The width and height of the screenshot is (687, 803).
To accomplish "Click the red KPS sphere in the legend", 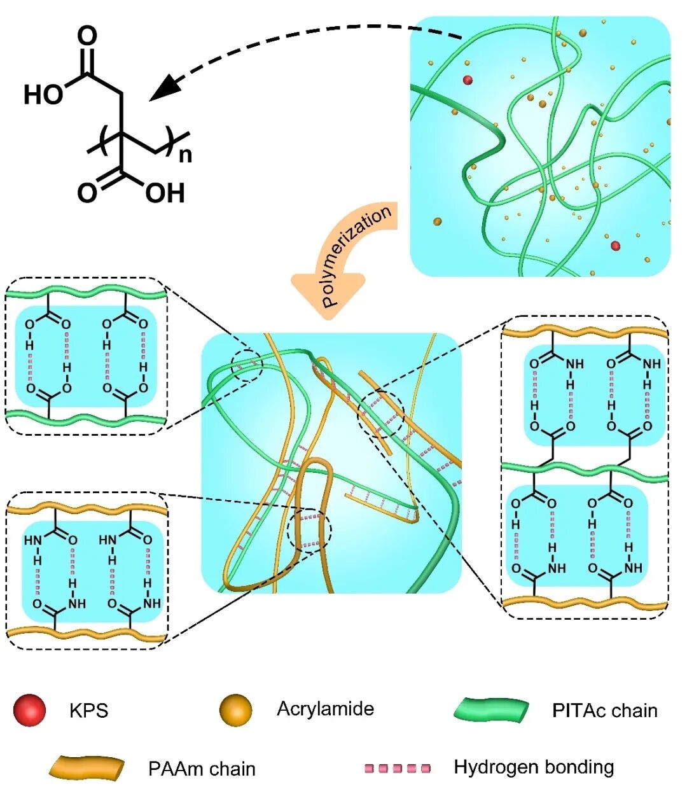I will click(29, 710).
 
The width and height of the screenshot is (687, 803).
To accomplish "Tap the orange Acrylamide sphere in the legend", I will click(235, 709).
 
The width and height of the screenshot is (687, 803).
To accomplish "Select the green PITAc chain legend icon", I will click(492, 710).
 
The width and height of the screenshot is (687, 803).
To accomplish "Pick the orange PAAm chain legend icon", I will click(87, 768).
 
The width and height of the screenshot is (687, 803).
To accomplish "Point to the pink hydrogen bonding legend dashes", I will click(398, 768).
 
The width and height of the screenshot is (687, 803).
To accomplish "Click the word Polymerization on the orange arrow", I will click(356, 256).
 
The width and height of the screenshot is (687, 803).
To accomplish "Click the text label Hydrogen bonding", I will click(534, 767).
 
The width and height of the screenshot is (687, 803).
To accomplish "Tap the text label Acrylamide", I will click(325, 709).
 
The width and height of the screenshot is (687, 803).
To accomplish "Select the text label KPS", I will click(88, 711).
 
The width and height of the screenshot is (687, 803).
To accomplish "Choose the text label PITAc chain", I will click(604, 710).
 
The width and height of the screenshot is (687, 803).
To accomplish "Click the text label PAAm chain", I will click(202, 769).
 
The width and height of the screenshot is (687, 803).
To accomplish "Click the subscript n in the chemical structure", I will click(185, 155).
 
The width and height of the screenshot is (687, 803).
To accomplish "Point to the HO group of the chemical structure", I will click(43, 95).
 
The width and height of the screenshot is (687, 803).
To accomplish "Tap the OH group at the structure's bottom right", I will click(165, 192).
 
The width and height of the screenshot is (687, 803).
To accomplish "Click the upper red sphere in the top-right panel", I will click(468, 80).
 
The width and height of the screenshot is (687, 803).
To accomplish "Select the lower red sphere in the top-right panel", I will click(615, 246).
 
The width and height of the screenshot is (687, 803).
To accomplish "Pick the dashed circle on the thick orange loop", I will click(310, 531).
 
